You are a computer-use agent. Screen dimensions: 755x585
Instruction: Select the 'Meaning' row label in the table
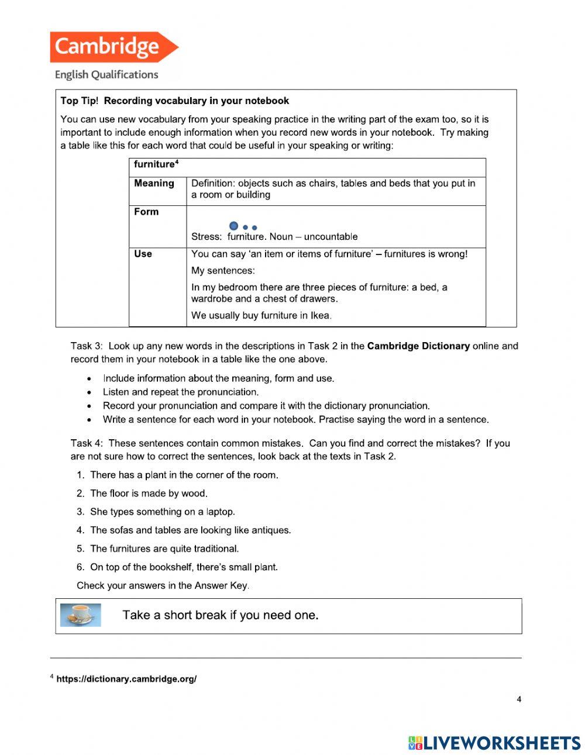[x=154, y=183]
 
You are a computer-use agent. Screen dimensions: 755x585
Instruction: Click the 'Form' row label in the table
[x=146, y=212]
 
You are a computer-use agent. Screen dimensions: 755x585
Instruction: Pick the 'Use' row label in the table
[x=143, y=254]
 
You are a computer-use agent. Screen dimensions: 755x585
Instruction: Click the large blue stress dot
[x=234, y=226]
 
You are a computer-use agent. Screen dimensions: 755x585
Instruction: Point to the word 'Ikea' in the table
[x=320, y=315]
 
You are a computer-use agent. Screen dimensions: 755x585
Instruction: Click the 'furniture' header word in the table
[x=154, y=164]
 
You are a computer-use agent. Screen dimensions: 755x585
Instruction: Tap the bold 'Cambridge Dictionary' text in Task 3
[x=418, y=346]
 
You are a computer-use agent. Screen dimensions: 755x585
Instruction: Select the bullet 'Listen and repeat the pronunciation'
[x=180, y=392]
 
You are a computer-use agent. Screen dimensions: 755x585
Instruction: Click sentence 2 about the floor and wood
[x=149, y=493]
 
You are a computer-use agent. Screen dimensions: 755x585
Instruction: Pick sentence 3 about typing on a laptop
[x=162, y=512]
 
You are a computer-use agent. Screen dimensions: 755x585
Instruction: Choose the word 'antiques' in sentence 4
[x=271, y=530]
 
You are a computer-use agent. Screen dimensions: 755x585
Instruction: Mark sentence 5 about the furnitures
[x=164, y=549]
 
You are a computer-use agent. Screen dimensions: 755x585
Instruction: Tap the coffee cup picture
[x=81, y=615]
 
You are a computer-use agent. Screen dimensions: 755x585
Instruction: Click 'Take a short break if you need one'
[x=221, y=615]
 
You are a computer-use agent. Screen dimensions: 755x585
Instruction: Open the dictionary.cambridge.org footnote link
[x=126, y=679]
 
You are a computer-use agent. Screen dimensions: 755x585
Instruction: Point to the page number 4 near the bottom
[x=519, y=699]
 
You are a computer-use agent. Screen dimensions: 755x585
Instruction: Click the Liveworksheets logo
[x=494, y=743]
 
